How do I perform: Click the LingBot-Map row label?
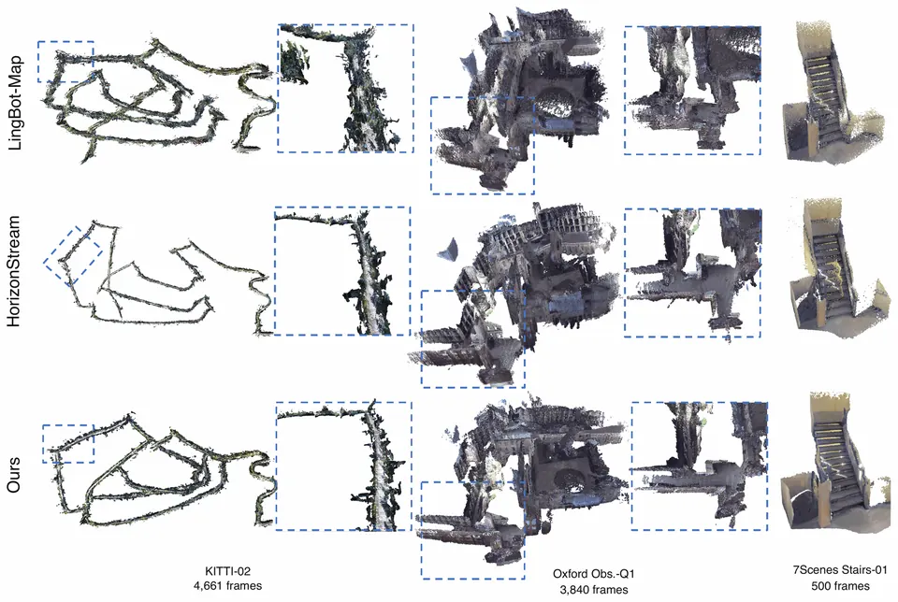click(x=15, y=103)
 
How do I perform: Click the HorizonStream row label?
click(x=14, y=271)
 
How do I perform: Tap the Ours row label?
click(x=14, y=475)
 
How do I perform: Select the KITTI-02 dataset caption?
click(x=228, y=571)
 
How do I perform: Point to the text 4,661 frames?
click(x=228, y=586)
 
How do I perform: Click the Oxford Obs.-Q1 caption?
click(x=593, y=574)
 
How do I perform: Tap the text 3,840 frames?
click(x=593, y=590)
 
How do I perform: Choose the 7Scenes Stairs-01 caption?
click(x=840, y=570)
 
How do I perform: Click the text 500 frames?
click(x=840, y=586)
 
